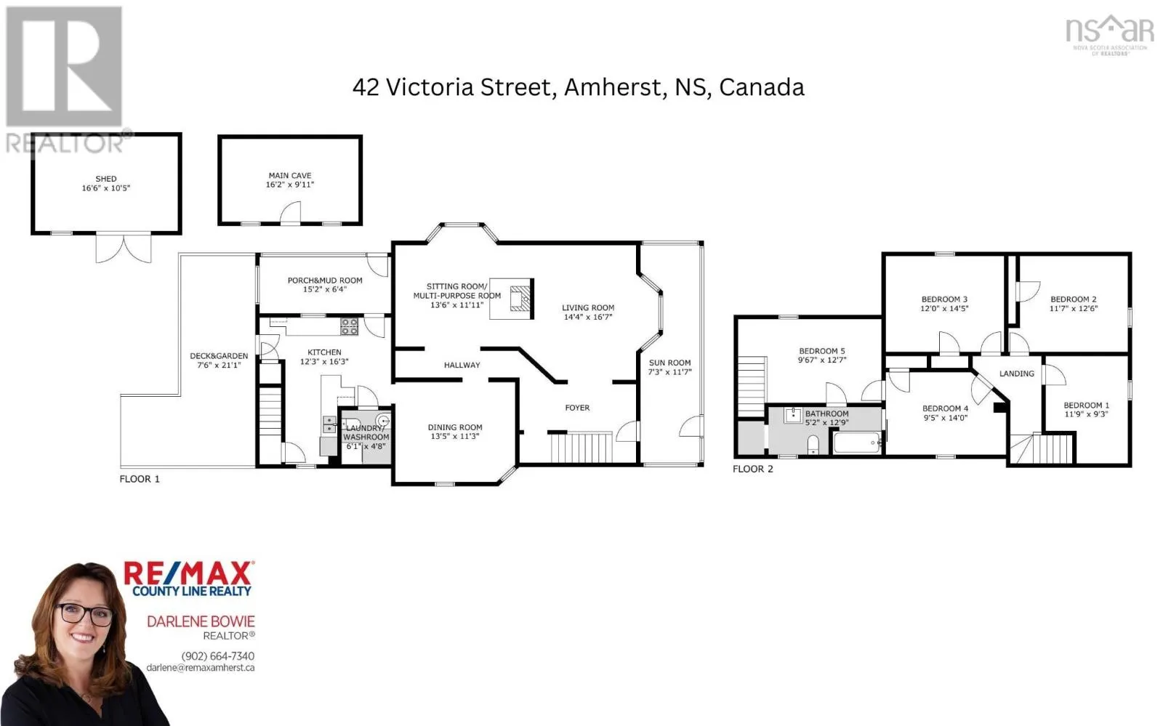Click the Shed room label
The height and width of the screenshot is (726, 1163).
(x=106, y=179)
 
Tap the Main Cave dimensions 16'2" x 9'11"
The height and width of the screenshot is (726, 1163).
(x=290, y=184)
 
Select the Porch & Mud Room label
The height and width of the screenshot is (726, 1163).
(x=325, y=281)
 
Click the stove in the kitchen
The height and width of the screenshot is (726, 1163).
(x=349, y=326)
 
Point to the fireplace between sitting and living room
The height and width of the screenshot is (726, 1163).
(x=520, y=299)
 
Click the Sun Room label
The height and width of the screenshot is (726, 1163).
(x=669, y=363)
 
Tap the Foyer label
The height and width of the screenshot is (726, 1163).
(x=577, y=408)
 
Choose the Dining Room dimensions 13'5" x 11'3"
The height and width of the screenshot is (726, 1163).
(x=455, y=436)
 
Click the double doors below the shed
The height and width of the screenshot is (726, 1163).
(x=124, y=248)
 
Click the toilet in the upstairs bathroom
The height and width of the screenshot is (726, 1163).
(x=813, y=445)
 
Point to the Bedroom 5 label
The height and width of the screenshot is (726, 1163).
(x=822, y=351)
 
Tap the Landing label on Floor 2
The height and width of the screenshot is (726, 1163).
(x=1017, y=374)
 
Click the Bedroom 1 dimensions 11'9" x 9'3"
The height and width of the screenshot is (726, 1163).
(x=1086, y=414)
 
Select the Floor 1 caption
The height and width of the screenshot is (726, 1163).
(x=140, y=479)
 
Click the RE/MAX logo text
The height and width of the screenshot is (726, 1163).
(x=188, y=573)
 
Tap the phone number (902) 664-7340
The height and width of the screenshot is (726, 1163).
(x=218, y=656)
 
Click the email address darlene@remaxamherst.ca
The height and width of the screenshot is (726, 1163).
(x=201, y=668)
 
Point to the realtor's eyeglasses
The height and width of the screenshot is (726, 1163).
(x=84, y=615)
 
